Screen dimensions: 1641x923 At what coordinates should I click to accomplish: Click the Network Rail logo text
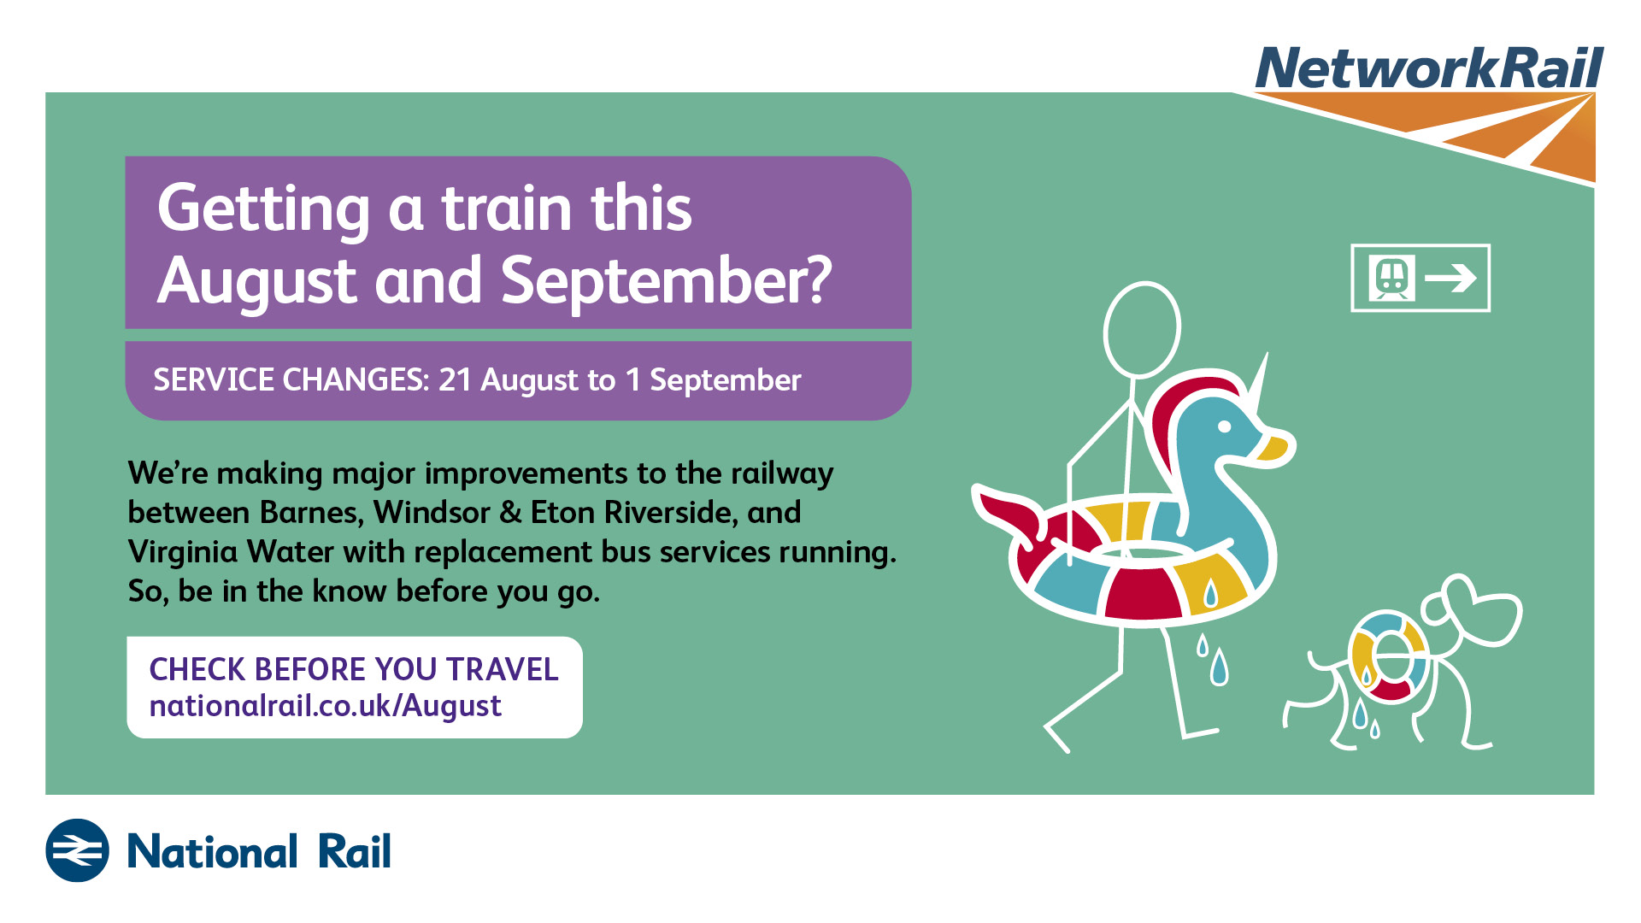(1429, 68)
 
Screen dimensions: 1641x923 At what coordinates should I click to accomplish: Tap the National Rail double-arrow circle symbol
(77, 850)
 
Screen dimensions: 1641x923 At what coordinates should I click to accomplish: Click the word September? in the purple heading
(666, 279)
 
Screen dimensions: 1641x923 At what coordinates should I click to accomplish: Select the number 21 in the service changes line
(455, 379)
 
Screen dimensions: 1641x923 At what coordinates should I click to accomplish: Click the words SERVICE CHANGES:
(291, 379)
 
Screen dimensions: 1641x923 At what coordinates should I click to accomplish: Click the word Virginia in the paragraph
(183, 552)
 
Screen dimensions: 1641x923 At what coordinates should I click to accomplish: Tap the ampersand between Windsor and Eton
(510, 512)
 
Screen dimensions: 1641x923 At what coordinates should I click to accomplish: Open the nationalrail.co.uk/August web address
(325, 706)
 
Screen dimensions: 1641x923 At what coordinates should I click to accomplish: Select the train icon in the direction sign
(1391, 278)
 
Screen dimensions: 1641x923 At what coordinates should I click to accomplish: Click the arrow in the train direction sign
(1450, 278)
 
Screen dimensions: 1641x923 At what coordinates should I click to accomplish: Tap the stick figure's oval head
(1142, 329)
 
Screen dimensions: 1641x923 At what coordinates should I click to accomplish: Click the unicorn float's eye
(1224, 426)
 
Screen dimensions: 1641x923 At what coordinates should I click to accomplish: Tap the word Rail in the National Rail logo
(354, 851)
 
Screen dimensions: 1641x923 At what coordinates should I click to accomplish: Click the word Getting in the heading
(264, 209)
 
